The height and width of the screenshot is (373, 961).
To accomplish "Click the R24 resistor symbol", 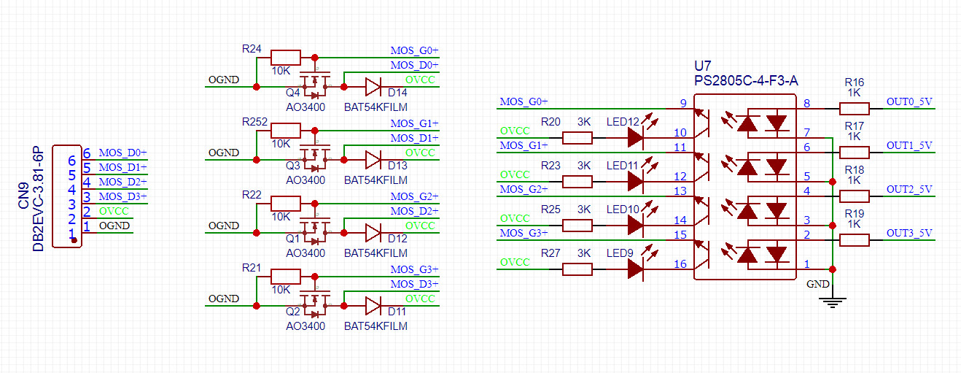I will [285, 58].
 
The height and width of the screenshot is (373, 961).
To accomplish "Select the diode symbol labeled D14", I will [373, 87].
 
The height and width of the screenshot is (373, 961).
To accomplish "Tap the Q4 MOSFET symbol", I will [316, 84].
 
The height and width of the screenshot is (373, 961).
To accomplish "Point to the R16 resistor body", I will [855, 109].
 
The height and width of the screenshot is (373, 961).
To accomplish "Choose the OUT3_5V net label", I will [909, 233].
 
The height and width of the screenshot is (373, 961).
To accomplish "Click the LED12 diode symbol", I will [635, 137].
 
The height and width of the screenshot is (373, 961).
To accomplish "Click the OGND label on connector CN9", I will [114, 226].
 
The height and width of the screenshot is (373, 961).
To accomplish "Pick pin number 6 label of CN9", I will [86, 153].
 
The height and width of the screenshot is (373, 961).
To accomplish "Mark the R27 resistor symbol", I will [577, 269].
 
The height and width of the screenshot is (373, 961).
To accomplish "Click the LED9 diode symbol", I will [635, 269].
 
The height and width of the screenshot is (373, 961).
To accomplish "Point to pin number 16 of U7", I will [680, 264].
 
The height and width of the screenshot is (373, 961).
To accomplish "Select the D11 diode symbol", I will [373, 306].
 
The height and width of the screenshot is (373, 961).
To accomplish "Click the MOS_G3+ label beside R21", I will [414, 269].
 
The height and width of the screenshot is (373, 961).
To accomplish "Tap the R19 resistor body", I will [855, 240].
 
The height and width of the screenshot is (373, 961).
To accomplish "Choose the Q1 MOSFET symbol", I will [316, 230].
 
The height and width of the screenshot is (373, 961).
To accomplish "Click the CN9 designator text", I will [23, 199].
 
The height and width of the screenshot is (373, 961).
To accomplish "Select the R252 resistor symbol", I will [285, 131].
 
